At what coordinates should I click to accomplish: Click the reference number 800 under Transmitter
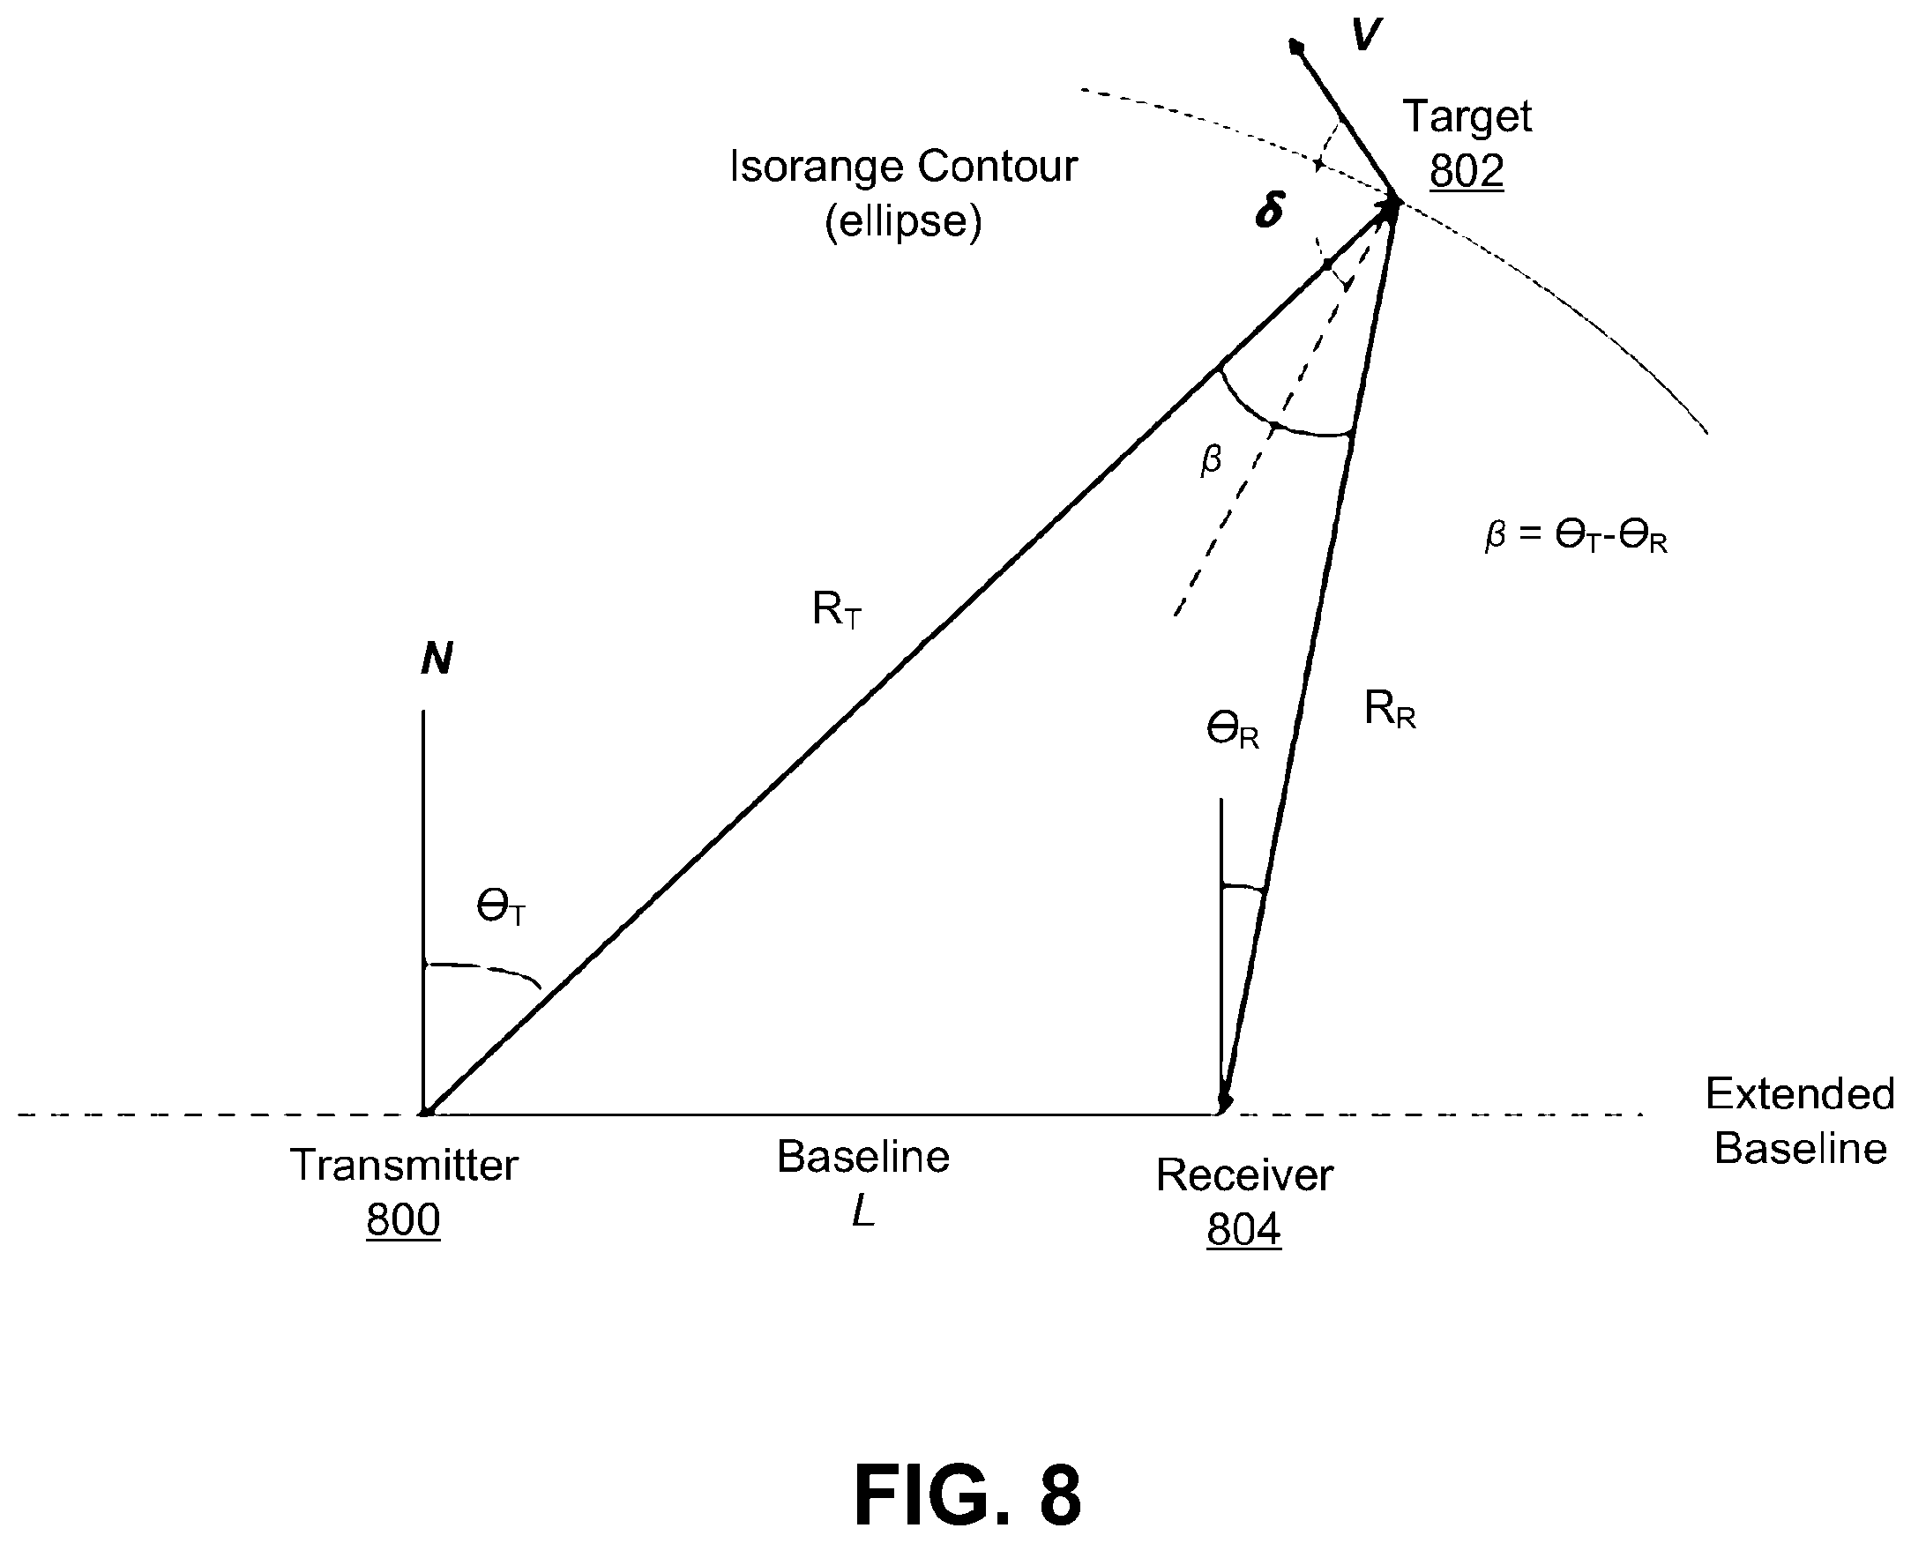coord(403,1219)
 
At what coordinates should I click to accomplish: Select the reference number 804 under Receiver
coord(1243,1229)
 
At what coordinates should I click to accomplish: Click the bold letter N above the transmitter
coord(437,659)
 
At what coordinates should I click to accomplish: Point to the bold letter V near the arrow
coord(1366,34)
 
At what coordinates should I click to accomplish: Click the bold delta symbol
coord(1270,211)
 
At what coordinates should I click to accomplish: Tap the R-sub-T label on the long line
coord(837,611)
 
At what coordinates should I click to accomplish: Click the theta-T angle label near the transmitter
coord(501,908)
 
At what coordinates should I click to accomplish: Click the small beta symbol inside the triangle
coord(1211,460)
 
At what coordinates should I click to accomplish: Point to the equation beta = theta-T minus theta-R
coord(1576,536)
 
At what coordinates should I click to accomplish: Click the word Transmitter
coord(404,1165)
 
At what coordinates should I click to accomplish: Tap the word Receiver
coord(1244,1175)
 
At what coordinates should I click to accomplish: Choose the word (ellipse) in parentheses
coord(903,221)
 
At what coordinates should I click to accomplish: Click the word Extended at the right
coord(1800,1093)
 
